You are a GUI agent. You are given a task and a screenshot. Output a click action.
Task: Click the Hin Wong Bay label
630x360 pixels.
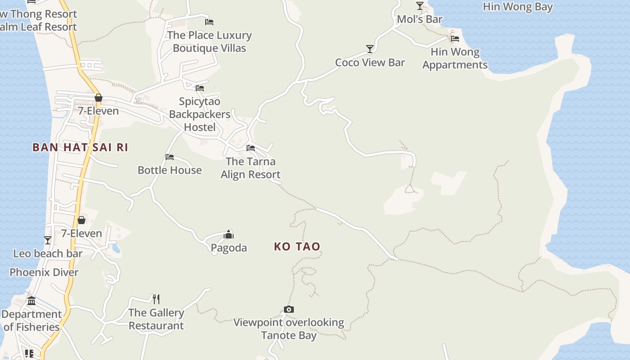click(517, 7)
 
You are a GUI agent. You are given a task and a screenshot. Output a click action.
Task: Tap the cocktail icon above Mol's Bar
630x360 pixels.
click(420, 5)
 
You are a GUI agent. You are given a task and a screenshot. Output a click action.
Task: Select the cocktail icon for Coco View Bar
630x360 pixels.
click(370, 49)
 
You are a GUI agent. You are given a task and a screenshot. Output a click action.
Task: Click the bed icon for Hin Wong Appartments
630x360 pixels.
click(455, 39)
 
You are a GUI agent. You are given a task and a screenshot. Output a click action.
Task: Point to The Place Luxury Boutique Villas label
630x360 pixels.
click(209, 41)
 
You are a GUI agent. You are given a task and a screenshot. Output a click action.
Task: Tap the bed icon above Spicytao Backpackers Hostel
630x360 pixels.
click(200, 88)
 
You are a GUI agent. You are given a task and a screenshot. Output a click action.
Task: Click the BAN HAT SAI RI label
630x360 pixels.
click(80, 147)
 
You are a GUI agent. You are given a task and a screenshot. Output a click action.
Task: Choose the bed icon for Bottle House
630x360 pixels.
click(170, 157)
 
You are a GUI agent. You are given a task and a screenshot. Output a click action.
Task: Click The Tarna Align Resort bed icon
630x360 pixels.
click(251, 148)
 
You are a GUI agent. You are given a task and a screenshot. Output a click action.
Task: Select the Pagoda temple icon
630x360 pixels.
click(229, 234)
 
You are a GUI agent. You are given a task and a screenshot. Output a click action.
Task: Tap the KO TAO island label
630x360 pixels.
click(297, 246)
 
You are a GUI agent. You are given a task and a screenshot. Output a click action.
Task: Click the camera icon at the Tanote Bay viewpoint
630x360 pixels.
click(289, 309)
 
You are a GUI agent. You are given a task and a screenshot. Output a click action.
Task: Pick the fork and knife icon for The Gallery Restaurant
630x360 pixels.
click(156, 299)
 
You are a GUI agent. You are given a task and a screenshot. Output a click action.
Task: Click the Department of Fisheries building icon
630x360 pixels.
click(31, 301)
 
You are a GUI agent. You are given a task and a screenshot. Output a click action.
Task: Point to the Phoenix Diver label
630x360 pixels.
click(44, 272)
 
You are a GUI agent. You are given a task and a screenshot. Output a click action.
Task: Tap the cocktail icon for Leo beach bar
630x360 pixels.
click(48, 240)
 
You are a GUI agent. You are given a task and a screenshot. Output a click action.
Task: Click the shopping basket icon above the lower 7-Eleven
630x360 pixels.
click(81, 220)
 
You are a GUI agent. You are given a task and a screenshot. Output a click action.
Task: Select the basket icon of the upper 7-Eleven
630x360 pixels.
click(99, 98)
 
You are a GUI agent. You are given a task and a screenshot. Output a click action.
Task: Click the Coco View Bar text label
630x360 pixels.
click(370, 63)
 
